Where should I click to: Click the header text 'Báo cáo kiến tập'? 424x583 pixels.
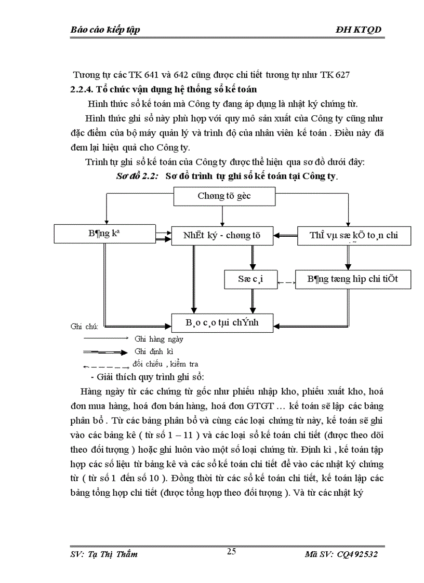pyautogui.click(x=104, y=30)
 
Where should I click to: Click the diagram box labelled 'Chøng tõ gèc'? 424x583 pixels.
pyautogui.click(x=224, y=196)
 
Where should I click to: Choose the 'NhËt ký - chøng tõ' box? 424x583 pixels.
pyautogui.click(x=222, y=235)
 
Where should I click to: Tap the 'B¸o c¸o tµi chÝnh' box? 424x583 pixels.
pyautogui.click(x=222, y=323)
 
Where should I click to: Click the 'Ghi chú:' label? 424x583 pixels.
pyautogui.click(x=84, y=327)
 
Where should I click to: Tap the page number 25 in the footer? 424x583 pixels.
pyautogui.click(x=232, y=552)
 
